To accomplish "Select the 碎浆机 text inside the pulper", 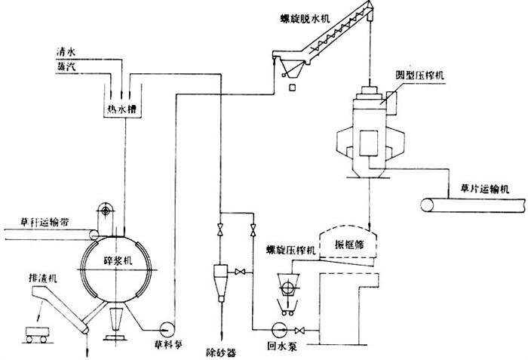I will [x=117, y=259].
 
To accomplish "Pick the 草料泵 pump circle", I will [x=166, y=328].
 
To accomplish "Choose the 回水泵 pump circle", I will [x=276, y=329].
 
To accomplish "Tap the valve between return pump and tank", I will [x=300, y=329].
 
